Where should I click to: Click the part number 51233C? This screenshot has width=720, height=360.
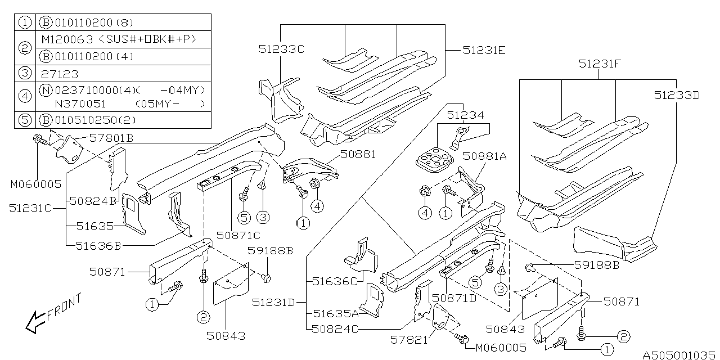[281, 49]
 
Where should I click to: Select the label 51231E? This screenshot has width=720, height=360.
[484, 50]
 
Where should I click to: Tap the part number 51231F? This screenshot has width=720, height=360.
[600, 65]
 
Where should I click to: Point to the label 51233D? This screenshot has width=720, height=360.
[677, 95]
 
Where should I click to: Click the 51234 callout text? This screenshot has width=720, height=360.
[465, 115]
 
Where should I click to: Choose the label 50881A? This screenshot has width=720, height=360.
[485, 157]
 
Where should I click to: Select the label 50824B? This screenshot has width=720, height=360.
[92, 200]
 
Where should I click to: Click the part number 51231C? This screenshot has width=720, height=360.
[30, 208]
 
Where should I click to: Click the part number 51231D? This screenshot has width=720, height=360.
[274, 303]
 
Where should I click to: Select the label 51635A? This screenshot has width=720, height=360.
[336, 314]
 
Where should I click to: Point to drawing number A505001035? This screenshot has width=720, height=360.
[679, 355]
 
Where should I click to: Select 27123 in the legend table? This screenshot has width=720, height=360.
[59, 74]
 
